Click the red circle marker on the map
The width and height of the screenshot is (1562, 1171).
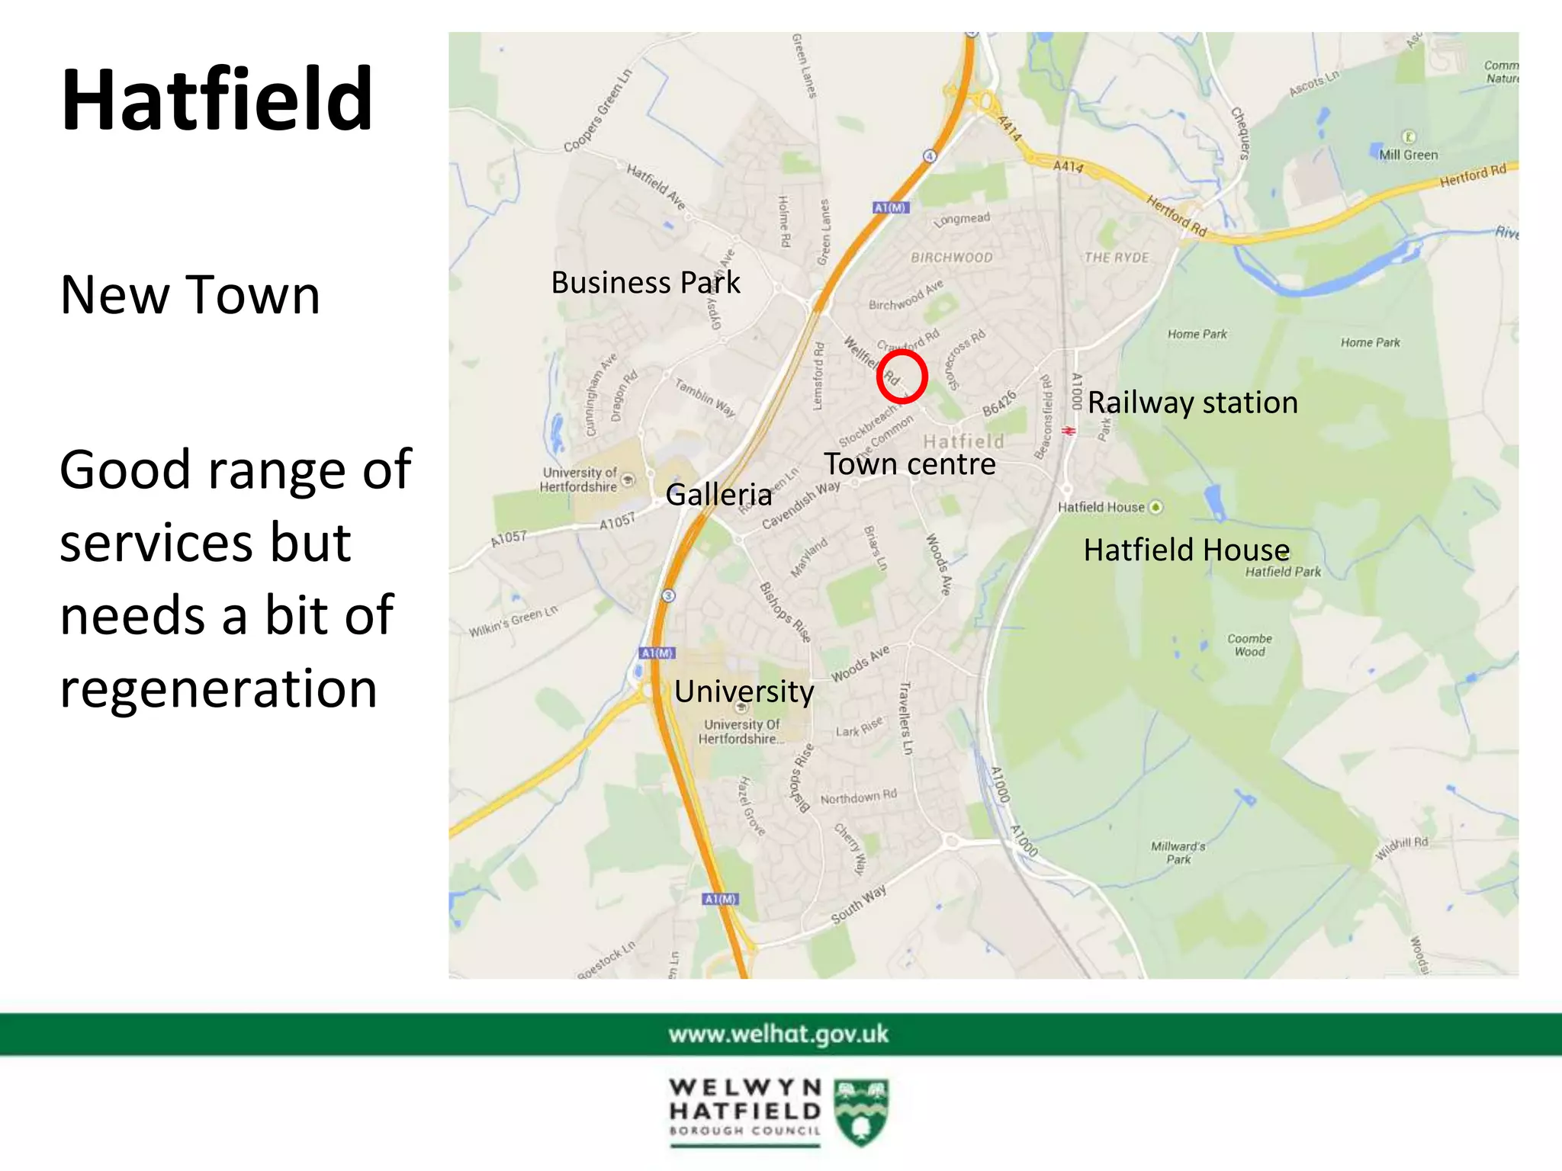(x=902, y=377)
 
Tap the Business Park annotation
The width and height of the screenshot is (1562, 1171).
(x=645, y=283)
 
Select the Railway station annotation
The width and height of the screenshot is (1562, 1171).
(x=1192, y=403)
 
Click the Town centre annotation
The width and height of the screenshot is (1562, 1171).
(x=909, y=464)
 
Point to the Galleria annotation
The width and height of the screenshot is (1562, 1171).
(x=718, y=495)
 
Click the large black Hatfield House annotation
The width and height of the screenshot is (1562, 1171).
(x=1186, y=550)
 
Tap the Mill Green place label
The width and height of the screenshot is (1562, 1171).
(x=1408, y=155)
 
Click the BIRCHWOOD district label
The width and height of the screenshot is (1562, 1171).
(x=952, y=258)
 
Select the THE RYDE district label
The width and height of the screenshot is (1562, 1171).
(x=1117, y=258)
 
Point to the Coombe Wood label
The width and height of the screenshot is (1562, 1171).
(x=1249, y=645)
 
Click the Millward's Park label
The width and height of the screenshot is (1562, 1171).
(x=1178, y=852)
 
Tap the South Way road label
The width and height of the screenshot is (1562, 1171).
(x=858, y=905)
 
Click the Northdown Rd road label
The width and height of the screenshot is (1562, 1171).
(x=858, y=797)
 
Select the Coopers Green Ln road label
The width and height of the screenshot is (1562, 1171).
(x=599, y=111)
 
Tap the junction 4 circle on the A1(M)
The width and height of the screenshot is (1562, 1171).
(x=930, y=156)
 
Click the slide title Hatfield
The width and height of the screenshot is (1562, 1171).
(x=217, y=100)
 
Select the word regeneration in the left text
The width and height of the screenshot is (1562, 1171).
(x=218, y=688)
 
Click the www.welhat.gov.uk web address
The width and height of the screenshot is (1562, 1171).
(x=779, y=1034)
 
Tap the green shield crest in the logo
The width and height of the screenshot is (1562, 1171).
(x=861, y=1111)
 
